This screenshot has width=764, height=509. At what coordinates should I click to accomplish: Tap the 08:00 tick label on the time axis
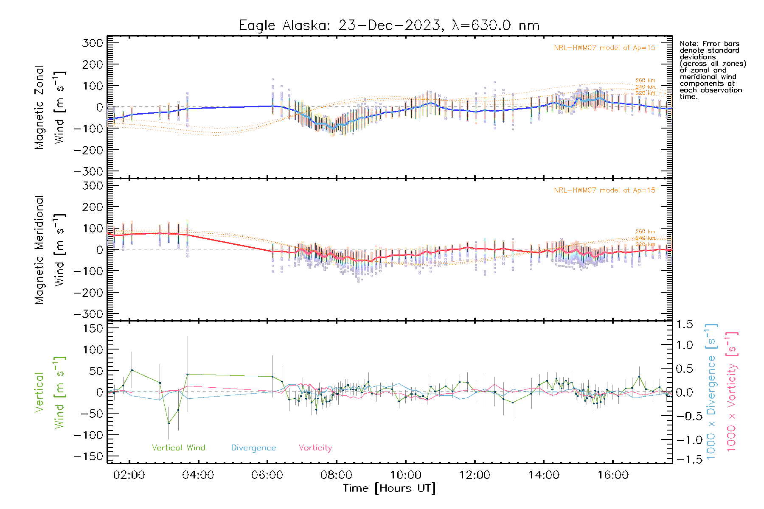[x=336, y=475]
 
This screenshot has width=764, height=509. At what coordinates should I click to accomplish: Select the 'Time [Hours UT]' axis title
[x=389, y=488]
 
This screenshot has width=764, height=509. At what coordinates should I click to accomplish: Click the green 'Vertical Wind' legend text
[x=178, y=448]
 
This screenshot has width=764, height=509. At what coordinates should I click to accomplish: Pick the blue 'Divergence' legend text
[x=253, y=448]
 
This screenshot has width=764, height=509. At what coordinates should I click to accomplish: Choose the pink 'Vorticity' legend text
[x=315, y=448]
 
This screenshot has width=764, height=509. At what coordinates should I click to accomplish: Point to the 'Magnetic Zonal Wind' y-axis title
[x=50, y=107]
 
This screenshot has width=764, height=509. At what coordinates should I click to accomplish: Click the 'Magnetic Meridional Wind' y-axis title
[x=50, y=250]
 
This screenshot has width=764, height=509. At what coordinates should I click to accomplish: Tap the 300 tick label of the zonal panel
[x=93, y=43]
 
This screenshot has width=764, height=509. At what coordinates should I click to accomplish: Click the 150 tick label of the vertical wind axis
[x=93, y=328]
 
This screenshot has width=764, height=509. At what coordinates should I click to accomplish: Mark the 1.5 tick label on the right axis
[x=685, y=324]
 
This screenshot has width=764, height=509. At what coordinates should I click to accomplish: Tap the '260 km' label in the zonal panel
[x=645, y=81]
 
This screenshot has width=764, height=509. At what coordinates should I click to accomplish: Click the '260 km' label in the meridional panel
[x=645, y=232]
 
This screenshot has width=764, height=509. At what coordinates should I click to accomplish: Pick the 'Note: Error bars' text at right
[x=709, y=44]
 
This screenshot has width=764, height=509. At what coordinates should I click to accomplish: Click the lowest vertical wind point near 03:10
[x=169, y=423]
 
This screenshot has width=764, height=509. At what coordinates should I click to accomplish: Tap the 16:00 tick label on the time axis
[x=613, y=475]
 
